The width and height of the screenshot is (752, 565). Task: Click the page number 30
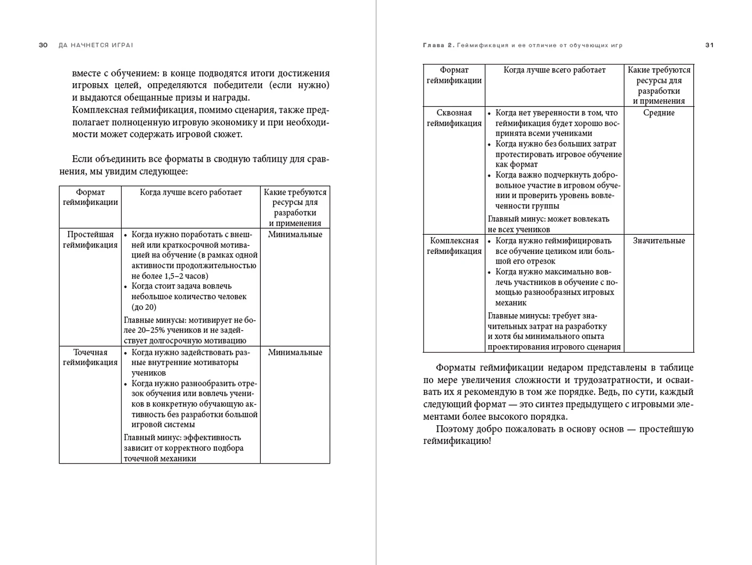43,45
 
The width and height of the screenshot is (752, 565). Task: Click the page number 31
709,45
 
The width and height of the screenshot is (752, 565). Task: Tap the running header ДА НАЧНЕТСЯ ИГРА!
96,45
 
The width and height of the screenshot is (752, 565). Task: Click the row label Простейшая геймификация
90,240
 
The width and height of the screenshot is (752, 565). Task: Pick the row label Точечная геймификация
90,357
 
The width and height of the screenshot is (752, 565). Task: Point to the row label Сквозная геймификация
454,118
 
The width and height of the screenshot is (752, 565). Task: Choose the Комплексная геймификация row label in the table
454,246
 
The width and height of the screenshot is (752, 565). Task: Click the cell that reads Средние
659,113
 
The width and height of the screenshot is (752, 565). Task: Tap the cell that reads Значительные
659,241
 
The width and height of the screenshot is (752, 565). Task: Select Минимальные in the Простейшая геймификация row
295,235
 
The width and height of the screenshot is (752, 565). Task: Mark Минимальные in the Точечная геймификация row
295,352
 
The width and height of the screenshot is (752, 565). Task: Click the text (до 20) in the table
144,307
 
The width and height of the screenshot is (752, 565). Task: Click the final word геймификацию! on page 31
457,441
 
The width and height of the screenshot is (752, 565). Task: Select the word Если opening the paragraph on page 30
82,159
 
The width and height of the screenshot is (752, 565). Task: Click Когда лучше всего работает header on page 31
554,70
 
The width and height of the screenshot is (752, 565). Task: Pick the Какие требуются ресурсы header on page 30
295,207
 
